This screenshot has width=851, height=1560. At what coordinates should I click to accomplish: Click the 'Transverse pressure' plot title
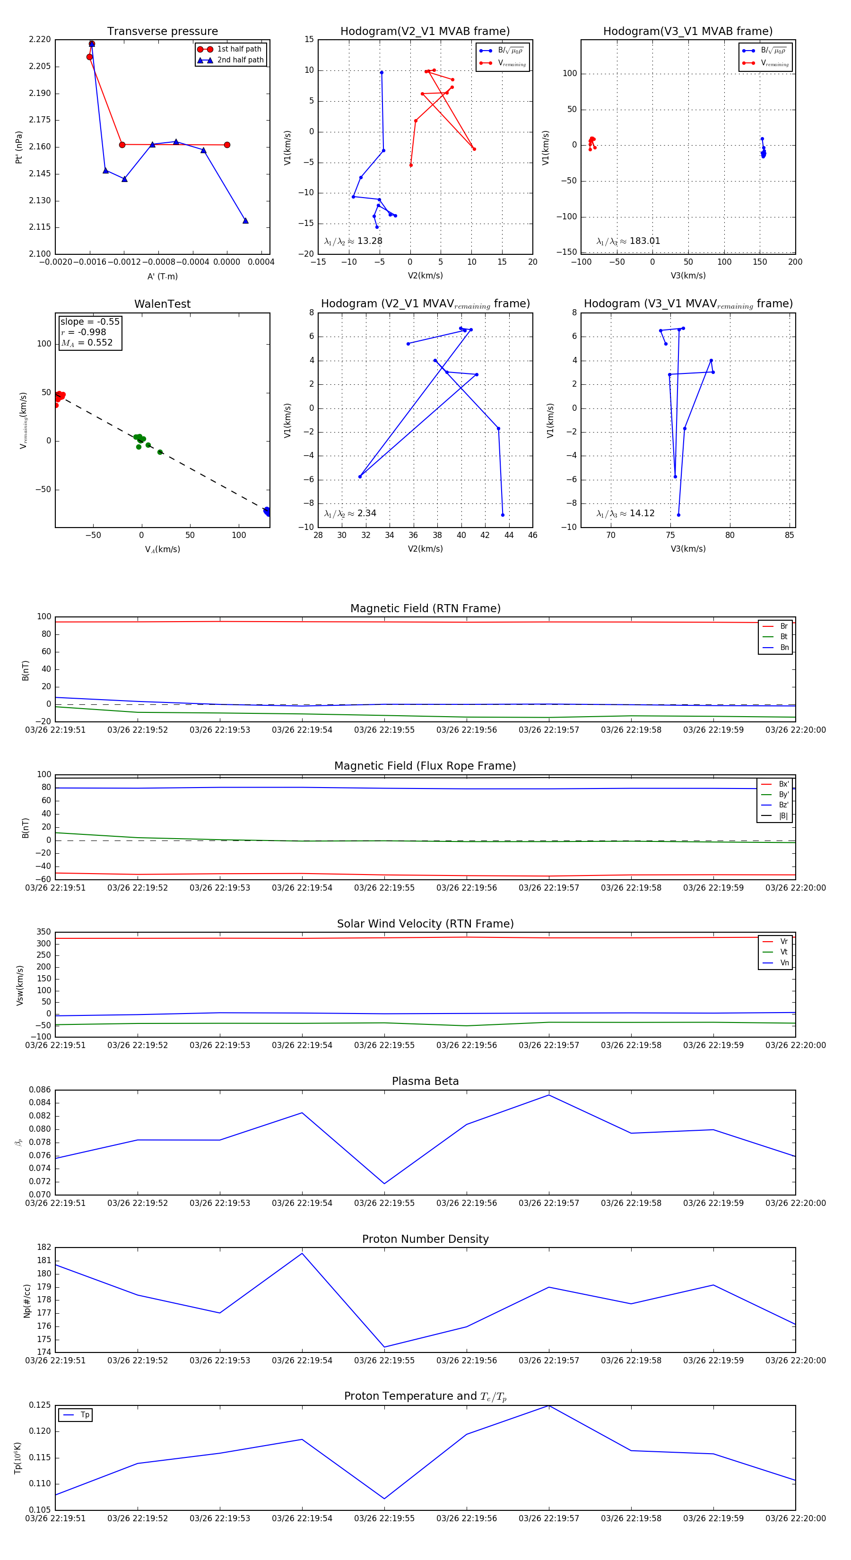[162, 32]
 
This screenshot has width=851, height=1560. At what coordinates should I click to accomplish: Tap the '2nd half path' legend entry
[240, 60]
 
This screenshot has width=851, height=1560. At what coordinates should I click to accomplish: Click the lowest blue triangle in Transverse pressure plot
[245, 220]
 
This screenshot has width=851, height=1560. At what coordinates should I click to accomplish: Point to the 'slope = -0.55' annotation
[90, 321]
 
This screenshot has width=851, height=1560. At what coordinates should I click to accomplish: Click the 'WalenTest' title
[162, 304]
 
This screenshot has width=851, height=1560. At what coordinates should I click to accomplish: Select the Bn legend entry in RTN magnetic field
[784, 647]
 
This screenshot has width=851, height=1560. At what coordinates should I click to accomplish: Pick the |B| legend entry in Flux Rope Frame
[782, 816]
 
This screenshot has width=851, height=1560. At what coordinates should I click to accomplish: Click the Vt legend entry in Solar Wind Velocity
[784, 952]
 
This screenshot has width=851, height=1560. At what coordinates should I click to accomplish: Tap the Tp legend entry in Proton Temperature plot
[85, 1415]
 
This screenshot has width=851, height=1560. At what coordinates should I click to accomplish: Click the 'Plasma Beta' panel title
[425, 1081]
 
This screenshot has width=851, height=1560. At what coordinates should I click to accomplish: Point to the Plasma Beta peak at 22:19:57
[549, 1095]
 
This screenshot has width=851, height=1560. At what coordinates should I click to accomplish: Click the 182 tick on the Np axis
[44, 1247]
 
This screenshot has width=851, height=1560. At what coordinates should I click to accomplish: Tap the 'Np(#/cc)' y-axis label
[26, 1300]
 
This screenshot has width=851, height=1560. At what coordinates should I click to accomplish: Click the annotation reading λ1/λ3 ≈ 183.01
[628, 241]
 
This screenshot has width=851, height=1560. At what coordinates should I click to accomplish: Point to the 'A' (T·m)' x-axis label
[162, 276]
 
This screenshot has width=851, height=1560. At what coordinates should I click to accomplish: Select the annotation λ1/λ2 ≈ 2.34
[350, 513]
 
